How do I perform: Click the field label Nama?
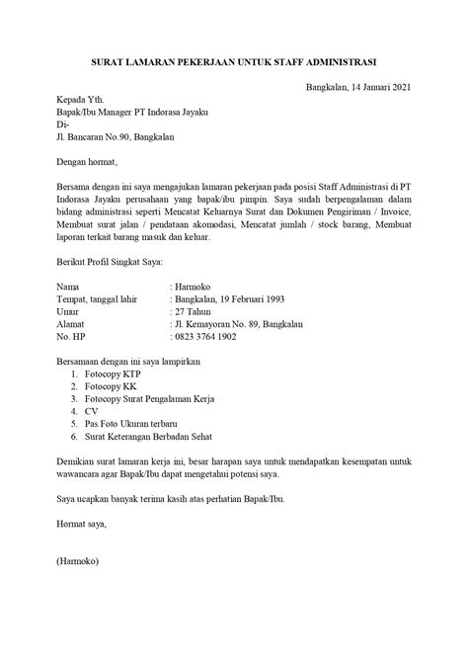pyautogui.click(x=43, y=284)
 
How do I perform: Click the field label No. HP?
pyautogui.click(x=47, y=336)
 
